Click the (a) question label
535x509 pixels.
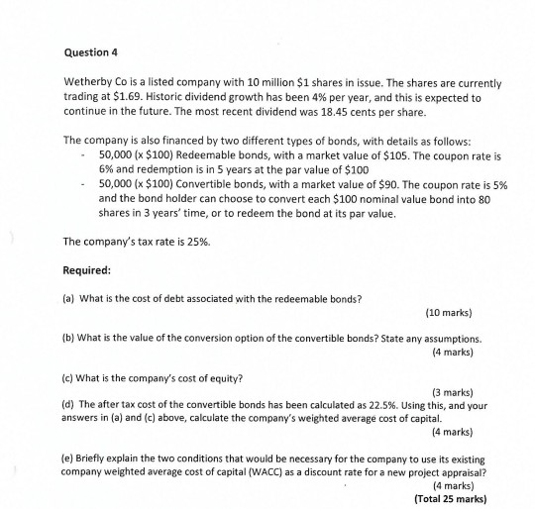coord(68,297)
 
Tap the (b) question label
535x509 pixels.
coord(68,339)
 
